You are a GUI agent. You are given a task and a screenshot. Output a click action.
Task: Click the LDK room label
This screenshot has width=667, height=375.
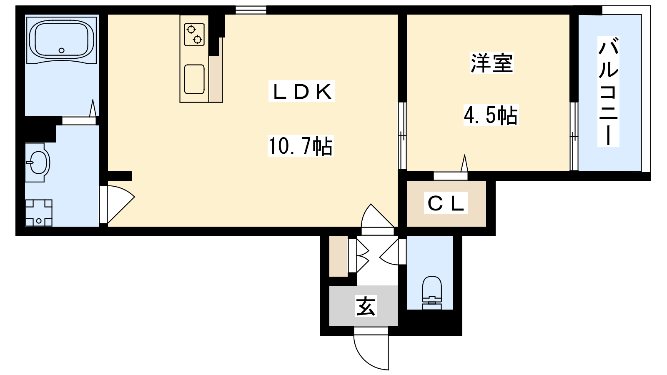pyautogui.click(x=301, y=91)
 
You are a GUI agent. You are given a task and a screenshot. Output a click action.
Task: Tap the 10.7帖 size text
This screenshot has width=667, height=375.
pyautogui.click(x=301, y=146)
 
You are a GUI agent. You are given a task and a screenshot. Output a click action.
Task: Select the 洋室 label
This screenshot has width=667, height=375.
pyautogui.click(x=491, y=63)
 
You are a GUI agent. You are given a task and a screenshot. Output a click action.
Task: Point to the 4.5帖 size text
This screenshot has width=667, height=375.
pyautogui.click(x=491, y=115)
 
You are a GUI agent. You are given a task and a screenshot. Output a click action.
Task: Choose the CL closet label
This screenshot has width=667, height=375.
pyautogui.click(x=446, y=204)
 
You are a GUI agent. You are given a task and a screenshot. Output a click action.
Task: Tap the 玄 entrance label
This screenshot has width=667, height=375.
pyautogui.click(x=366, y=306)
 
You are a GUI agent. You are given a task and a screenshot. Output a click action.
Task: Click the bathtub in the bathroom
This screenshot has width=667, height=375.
pyautogui.click(x=62, y=40)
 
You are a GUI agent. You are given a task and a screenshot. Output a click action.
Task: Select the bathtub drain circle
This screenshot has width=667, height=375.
pyautogui.click(x=62, y=50)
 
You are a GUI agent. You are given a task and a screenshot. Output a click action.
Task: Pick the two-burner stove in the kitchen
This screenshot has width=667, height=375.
pyautogui.click(x=194, y=35)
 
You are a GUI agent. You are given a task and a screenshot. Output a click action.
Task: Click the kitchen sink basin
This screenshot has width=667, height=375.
pyautogui.click(x=194, y=79)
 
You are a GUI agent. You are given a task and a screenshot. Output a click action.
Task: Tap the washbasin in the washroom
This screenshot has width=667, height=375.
pyautogui.click(x=38, y=163)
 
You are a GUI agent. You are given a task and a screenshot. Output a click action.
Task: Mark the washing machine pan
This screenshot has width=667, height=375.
pyautogui.click(x=39, y=213)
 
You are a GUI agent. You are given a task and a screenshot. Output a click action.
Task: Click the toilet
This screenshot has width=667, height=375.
pyautogui.click(x=431, y=293)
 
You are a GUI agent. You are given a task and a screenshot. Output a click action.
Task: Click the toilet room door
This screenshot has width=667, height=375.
pyautogui.click(x=392, y=252)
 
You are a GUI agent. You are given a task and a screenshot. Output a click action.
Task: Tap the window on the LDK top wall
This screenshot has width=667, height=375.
pyautogui.click(x=251, y=10)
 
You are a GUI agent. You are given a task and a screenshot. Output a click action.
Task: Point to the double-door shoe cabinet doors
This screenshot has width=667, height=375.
pyautogui.click(x=359, y=256)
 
